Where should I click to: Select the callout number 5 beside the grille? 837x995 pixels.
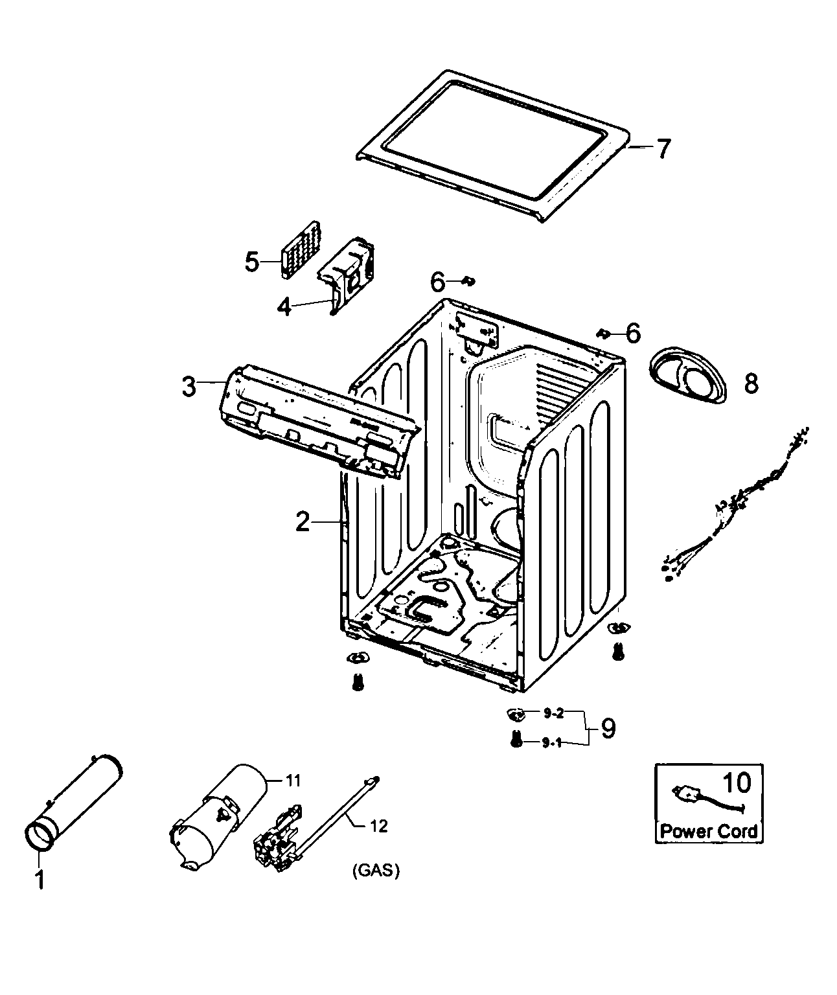[252, 262]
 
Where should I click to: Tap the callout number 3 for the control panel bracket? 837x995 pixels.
[188, 387]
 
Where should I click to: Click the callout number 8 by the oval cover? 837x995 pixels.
[750, 383]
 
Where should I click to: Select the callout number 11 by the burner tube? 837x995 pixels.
[293, 781]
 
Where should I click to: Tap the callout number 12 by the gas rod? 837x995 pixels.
[378, 826]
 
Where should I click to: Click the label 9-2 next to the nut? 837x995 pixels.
[553, 714]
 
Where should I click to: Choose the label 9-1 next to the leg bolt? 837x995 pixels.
[553, 743]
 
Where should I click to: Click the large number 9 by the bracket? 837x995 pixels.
[608, 729]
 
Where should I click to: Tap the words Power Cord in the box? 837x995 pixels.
[709, 831]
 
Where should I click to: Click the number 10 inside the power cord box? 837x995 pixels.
[736, 783]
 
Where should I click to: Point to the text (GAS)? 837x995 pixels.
[376, 871]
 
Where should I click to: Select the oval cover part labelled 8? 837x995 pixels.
[687, 376]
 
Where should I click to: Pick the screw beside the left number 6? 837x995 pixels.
[470, 280]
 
